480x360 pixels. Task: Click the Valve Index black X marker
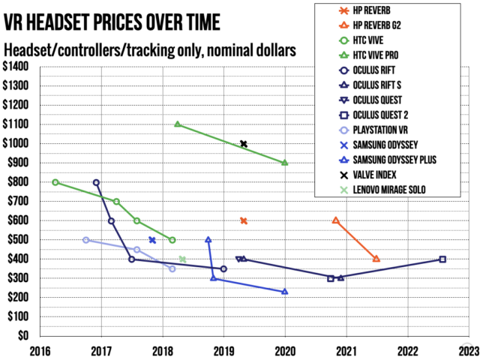click(244, 144)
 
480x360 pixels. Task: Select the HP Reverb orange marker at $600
click(244, 220)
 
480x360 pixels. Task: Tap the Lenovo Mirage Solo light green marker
click(182, 259)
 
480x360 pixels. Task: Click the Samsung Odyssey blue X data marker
click(152, 240)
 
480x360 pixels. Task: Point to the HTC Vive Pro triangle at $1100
click(178, 124)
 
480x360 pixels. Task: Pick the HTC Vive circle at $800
click(55, 182)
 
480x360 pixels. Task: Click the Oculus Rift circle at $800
click(96, 183)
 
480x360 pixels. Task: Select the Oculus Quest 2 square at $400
click(442, 259)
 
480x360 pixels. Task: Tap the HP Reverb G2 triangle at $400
click(376, 259)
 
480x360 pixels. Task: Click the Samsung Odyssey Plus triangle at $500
click(208, 239)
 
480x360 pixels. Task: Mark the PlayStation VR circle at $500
click(86, 240)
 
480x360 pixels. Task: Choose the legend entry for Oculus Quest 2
click(373, 115)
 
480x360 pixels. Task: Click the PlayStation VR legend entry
click(373, 130)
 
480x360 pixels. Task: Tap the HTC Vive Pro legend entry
click(369, 55)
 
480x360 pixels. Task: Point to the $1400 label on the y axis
click(16, 67)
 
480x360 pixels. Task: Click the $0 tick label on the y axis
click(23, 336)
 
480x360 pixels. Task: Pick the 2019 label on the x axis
click(223, 351)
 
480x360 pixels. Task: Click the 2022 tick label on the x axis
click(408, 351)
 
